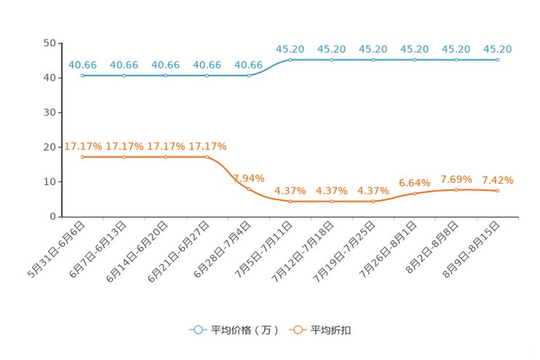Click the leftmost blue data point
(83, 75)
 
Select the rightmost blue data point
(497, 60)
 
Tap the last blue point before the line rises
(248, 75)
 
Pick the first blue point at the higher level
(290, 60)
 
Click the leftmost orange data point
(83, 157)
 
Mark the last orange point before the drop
(207, 157)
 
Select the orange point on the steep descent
(248, 189)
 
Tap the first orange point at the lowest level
(290, 201)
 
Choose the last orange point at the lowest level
(373, 201)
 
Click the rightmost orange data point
(497, 191)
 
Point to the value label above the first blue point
(83, 65)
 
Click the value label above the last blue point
(497, 49)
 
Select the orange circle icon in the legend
(297, 330)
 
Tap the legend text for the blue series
(244, 330)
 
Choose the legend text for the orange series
(331, 330)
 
